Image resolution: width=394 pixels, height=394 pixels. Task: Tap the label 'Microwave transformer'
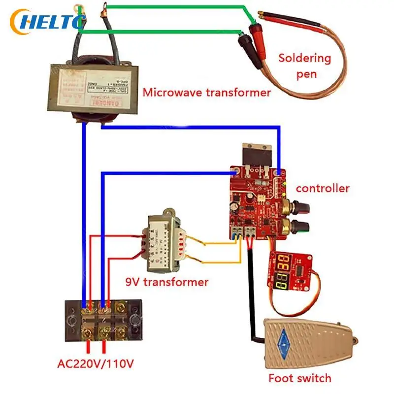point(206,92)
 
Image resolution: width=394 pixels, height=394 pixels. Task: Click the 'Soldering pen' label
point(304,66)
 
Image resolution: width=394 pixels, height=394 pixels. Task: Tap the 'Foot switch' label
point(299,378)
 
